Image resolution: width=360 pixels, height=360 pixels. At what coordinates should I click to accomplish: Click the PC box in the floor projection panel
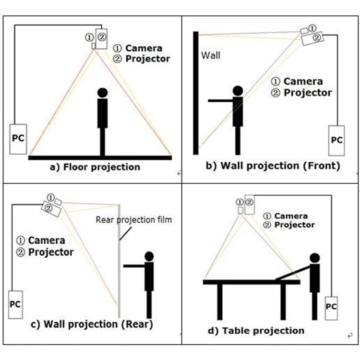[x=18, y=139]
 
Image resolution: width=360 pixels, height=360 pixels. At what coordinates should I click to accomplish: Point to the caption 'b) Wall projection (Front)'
[x=273, y=166]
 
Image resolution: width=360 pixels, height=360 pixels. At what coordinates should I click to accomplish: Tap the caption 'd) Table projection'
[x=264, y=330]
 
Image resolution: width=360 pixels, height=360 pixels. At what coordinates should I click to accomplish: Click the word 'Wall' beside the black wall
[x=211, y=55]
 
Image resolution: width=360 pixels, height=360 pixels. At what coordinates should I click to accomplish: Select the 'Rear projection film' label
[x=133, y=220]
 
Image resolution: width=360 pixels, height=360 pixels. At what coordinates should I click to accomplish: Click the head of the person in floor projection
[x=102, y=92]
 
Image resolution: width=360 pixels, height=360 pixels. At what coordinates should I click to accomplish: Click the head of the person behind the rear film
[x=149, y=256]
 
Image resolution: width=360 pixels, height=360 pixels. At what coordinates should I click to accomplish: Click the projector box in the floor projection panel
[x=101, y=39]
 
